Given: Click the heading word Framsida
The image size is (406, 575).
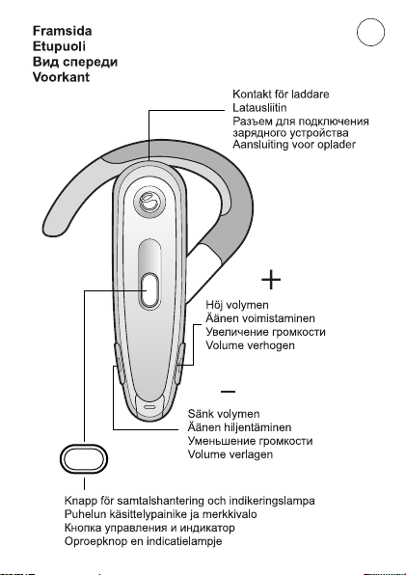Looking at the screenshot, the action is tap(63, 31).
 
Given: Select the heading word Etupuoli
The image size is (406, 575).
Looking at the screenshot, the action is tap(60, 46).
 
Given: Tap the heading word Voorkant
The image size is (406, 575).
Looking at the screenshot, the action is tap(61, 77).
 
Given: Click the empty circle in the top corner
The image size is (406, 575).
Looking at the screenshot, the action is tap(371, 32).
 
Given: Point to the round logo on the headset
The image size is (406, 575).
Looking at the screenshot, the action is tap(149, 202).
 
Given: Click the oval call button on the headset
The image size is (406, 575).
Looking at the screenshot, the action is tap(149, 290).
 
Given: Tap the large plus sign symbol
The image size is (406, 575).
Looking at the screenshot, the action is tap(271, 280).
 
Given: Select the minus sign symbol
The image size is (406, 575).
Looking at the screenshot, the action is tap(228, 392).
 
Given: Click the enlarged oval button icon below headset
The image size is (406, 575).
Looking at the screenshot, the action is tap(84, 459).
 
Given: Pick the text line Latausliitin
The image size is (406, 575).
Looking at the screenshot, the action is tap(259, 108).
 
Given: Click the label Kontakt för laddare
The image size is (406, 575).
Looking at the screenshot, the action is tap(281, 95).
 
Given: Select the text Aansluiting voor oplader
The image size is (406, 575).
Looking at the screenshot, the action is tap(294, 144).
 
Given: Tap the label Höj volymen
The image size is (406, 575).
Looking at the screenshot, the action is tap(237, 305).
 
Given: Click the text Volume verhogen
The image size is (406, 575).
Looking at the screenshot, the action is tap(251, 345).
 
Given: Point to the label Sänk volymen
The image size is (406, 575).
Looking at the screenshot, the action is tap(224, 414).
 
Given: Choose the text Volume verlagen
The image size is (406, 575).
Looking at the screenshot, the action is tap(230, 454).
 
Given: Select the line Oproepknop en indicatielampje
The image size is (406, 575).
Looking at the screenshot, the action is tap(144, 541).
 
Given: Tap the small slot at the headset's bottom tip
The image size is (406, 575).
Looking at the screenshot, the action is tap(149, 407).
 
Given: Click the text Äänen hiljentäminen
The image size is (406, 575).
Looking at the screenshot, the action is tap(239, 427).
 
